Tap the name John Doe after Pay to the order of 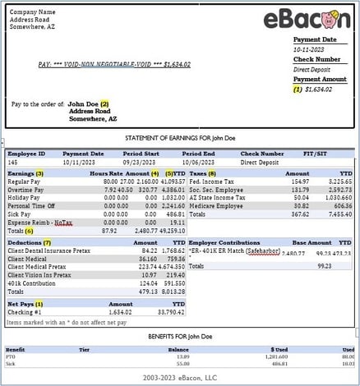point(83,104)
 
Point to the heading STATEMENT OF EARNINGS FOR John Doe point(179,138)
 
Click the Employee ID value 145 point(12,163)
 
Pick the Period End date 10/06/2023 point(198,163)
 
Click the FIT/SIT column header point(326,153)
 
